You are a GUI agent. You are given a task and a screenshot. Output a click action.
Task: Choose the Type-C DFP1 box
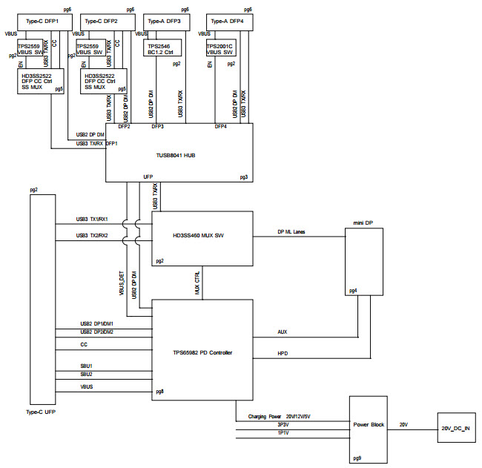[42, 22]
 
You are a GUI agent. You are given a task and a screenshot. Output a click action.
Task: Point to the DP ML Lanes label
[291, 232]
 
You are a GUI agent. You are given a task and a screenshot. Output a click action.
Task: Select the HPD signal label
[282, 354]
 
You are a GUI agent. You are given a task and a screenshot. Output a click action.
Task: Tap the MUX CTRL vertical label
[197, 283]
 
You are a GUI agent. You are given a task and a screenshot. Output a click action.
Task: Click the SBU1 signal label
[88, 366]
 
